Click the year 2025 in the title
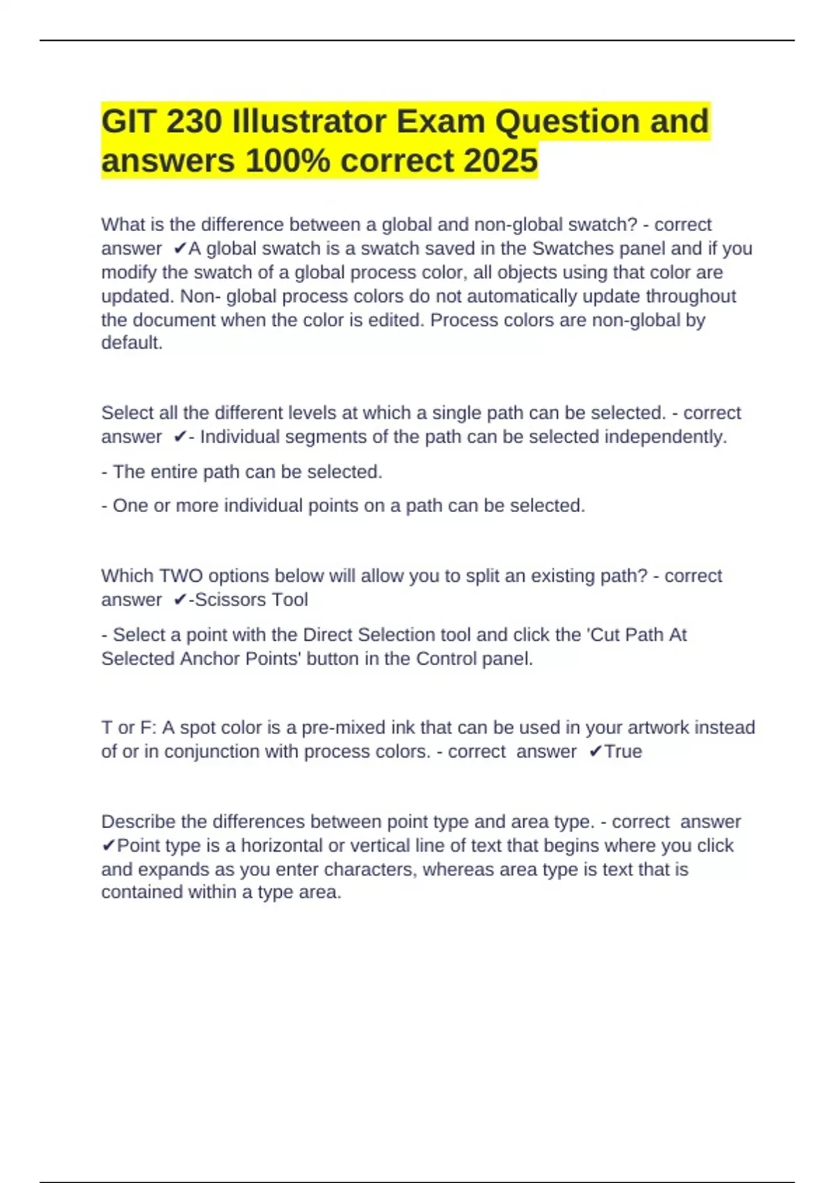pos(500,161)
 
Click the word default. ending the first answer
pos(132,343)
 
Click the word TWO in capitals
pos(182,576)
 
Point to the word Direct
pos(328,635)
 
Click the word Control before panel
pos(447,658)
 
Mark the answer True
pos(623,752)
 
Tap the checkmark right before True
pos(595,752)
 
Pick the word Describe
pos(138,822)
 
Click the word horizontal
pos(282,845)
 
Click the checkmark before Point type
pos(109,845)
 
